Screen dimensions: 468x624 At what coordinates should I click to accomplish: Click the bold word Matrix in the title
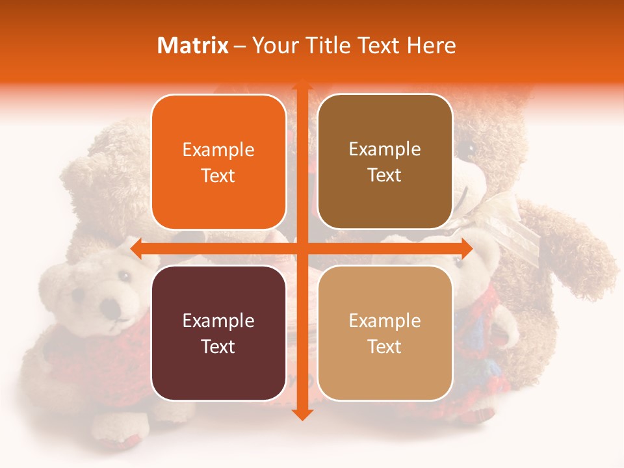[x=193, y=45]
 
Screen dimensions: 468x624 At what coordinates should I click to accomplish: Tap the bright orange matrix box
[x=218, y=162]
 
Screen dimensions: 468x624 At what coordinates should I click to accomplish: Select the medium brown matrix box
[x=385, y=162]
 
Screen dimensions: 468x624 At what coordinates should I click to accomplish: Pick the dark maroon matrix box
[x=218, y=333]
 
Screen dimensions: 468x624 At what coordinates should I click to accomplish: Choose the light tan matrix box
[x=385, y=333]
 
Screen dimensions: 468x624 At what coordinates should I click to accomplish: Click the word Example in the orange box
[x=218, y=150]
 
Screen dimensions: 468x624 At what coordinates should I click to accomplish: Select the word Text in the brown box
[x=385, y=175]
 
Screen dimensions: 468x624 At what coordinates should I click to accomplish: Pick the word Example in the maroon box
[x=218, y=320]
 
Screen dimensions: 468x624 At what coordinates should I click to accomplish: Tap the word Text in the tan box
[x=385, y=346]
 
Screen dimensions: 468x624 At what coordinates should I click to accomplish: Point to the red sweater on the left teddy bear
[x=97, y=364]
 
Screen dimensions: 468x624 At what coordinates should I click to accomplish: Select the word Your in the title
[x=272, y=45]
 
